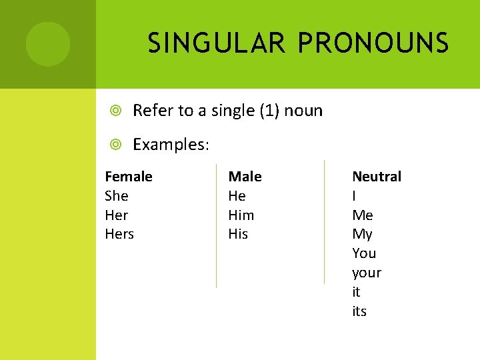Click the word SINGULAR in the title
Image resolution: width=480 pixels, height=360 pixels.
(217, 44)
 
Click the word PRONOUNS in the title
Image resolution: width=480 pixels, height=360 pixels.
(373, 44)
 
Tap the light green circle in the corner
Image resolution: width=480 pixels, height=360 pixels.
(48, 44)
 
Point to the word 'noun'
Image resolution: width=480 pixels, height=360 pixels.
(303, 111)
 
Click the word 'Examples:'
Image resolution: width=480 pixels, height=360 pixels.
(171, 145)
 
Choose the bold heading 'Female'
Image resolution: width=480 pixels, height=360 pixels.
(129, 177)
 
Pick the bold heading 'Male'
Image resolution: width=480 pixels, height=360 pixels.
(245, 177)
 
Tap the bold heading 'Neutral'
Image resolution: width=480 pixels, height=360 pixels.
(377, 177)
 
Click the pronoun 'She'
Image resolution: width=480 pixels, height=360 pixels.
(117, 196)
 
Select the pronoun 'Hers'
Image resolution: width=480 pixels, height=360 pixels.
(119, 234)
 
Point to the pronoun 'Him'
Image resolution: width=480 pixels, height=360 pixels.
(241, 215)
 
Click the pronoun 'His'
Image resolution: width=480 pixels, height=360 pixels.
(238, 234)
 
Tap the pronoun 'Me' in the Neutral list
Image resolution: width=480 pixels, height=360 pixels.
(363, 215)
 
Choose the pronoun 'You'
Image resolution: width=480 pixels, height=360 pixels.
(364, 253)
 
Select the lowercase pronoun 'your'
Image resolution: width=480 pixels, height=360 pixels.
(367, 273)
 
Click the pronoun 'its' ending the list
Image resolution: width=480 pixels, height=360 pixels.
(359, 311)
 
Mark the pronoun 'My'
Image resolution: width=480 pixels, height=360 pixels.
(362, 234)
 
